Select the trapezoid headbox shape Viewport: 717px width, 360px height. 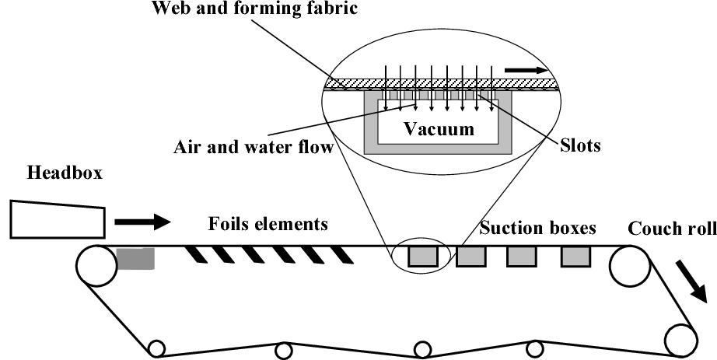58,218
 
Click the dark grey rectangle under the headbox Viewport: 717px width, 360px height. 135,259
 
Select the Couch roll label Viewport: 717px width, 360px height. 671,229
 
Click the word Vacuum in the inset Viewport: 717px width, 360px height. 438,130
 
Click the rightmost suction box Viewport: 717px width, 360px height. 576,256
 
